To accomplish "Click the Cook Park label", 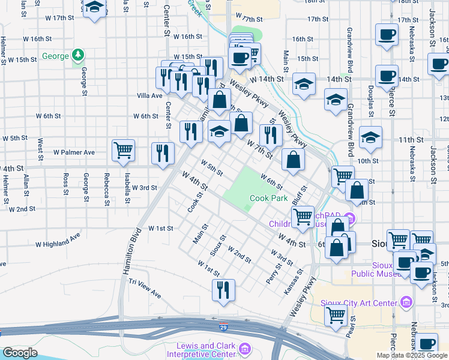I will (x=268, y=198).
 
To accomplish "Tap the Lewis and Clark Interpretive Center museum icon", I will (x=244, y=349).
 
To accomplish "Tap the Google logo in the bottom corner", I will (x=20, y=353).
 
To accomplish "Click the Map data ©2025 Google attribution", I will (x=412, y=355).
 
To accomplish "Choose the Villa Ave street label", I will (x=149, y=95).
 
